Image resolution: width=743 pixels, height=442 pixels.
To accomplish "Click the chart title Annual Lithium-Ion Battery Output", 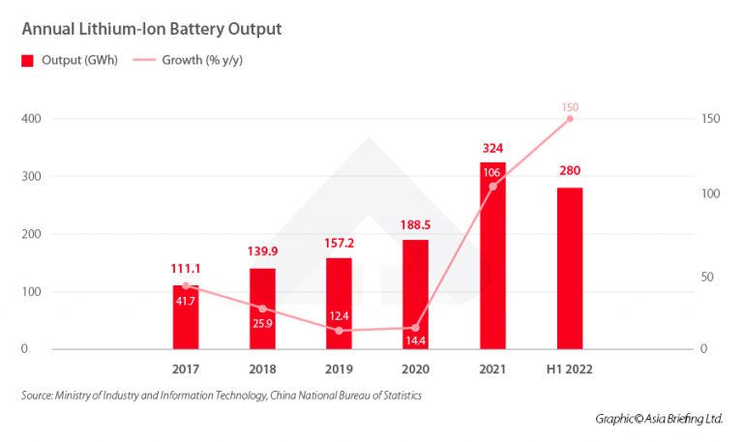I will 152,29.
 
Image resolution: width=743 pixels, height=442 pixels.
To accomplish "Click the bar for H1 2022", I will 570,271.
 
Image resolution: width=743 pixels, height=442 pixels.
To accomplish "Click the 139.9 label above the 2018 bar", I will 262,253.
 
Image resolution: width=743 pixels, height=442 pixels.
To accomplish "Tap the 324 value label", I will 492,148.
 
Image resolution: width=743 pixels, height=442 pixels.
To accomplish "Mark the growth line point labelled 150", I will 570,119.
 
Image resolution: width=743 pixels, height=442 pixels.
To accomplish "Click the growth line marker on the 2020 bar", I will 416,328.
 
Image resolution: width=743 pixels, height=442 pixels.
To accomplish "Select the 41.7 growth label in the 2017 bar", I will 186,303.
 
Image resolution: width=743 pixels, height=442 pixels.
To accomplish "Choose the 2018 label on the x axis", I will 262,369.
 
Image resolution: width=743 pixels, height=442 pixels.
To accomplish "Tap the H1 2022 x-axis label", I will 569,369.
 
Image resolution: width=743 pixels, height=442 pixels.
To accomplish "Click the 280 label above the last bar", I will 570,171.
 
